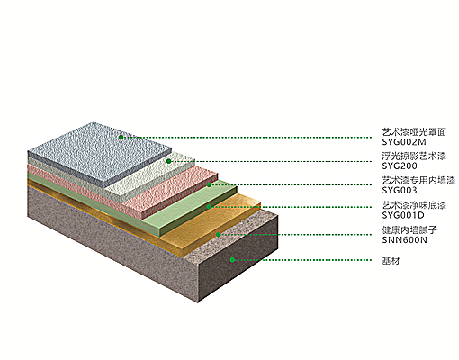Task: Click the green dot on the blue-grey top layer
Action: (x=121, y=138)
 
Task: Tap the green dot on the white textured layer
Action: (x=169, y=161)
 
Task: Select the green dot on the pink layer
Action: (x=209, y=184)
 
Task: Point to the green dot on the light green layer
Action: (x=209, y=207)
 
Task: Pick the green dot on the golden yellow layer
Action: (x=219, y=234)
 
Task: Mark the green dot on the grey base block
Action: (x=232, y=260)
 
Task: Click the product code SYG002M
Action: (x=404, y=142)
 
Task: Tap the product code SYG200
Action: (x=400, y=166)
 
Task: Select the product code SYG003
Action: (x=400, y=190)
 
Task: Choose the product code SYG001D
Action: (x=403, y=215)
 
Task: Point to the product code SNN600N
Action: (x=404, y=240)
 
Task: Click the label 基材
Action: (x=391, y=260)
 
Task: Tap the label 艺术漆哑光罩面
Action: (x=414, y=132)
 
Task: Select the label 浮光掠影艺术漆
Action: (x=414, y=156)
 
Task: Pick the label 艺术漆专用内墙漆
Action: (x=418, y=180)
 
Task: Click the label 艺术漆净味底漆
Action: (x=414, y=205)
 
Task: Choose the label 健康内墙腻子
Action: (x=409, y=230)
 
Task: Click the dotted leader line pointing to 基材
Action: (x=303, y=260)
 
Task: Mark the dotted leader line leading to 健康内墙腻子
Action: (x=296, y=235)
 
